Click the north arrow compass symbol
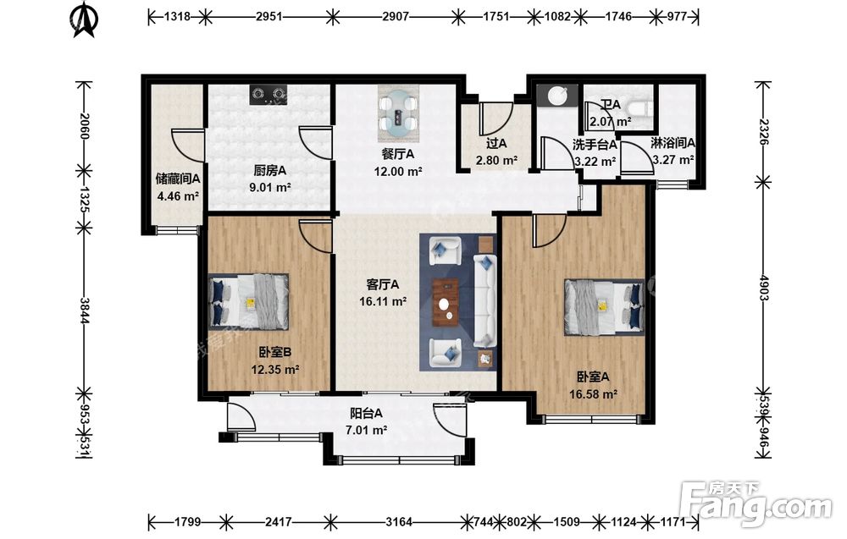[84, 20]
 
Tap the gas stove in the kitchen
[268, 95]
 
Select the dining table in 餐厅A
[399, 113]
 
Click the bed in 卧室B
[248, 301]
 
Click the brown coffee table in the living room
[446, 302]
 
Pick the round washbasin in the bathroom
[557, 96]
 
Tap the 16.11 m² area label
[383, 301]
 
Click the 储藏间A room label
[178, 178]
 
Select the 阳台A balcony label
[366, 413]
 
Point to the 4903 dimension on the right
[763, 288]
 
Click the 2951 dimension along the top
[268, 17]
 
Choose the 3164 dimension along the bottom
[399, 522]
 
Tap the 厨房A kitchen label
[270, 170]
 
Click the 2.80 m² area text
[496, 160]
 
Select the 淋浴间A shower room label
[673, 143]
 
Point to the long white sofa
[484, 300]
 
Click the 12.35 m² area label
[275, 370]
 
